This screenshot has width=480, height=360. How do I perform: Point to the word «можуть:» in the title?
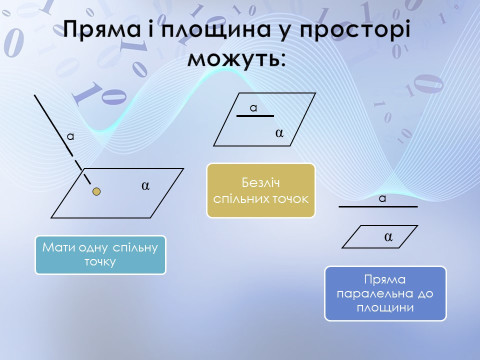[240, 60]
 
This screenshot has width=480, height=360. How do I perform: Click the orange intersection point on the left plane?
[96, 189]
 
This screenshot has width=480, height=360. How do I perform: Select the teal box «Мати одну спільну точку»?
[100, 254]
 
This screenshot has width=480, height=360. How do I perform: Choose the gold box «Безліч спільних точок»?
[260, 190]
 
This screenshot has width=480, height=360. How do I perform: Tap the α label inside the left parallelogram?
[145, 185]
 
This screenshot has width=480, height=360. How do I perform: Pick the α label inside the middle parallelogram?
[279, 131]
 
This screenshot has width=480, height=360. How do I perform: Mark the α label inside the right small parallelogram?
[388, 236]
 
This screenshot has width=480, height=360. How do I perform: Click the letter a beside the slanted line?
[70, 134]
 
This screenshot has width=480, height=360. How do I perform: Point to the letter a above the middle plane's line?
[253, 107]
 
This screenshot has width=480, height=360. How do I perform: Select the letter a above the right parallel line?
[382, 198]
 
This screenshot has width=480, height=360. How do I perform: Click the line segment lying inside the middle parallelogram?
[254, 117]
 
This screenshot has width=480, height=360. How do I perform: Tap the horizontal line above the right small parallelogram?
[377, 207]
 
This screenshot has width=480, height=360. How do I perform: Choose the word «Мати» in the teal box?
[57, 246]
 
